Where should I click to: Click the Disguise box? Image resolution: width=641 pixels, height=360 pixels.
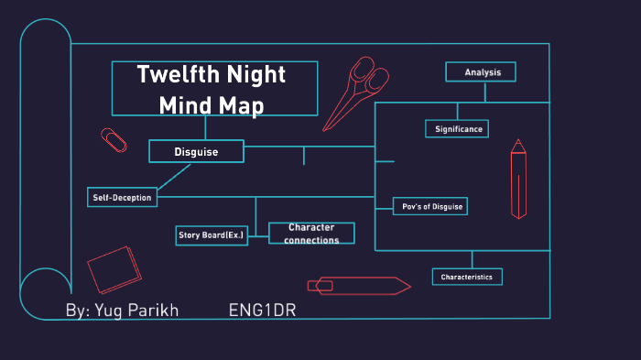pos(196,151)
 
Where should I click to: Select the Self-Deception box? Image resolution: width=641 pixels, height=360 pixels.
pos(121,197)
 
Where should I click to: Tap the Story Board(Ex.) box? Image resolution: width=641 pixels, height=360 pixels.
pos(212,235)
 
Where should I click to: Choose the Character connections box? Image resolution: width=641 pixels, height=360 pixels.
pos(311,234)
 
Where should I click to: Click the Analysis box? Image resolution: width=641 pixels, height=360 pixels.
pos(481,71)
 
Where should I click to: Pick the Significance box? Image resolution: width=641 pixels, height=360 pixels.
pos(457,129)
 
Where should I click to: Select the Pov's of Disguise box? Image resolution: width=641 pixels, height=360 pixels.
pos(429,206)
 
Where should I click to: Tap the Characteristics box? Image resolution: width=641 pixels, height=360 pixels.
pos(466,277)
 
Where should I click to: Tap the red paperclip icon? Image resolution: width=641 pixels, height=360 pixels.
pos(114,140)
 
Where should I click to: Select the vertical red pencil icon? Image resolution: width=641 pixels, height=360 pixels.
pos(518,178)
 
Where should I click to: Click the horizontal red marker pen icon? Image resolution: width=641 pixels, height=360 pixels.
pos(358,285)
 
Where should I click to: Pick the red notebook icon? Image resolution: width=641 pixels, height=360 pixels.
pos(114,268)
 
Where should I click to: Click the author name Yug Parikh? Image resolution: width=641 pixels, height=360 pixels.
pos(122,311)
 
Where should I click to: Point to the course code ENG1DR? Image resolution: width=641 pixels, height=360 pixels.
pos(262,311)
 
